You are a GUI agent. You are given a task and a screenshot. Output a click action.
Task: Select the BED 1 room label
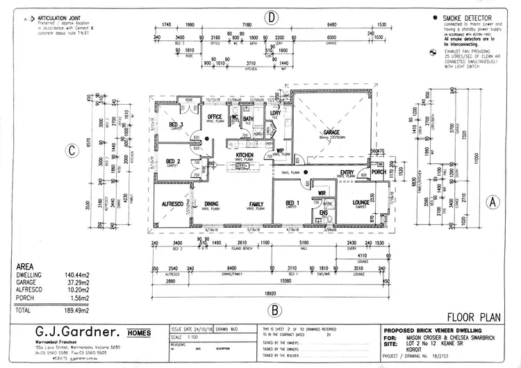(292, 203)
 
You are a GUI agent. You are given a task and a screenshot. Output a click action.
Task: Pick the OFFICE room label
(215, 116)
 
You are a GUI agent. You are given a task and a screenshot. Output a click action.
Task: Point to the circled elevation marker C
(71, 150)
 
